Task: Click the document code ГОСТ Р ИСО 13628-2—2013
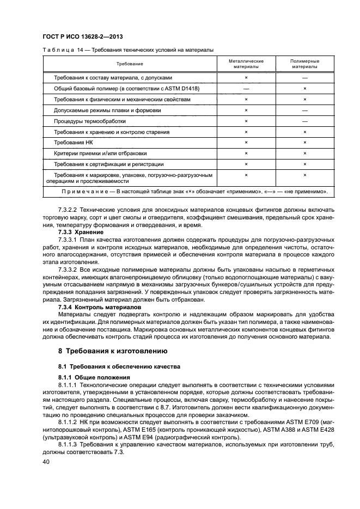pyautogui.click(x=82, y=37)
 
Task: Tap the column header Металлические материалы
pyautogui.click(x=246, y=64)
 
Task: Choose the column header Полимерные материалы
pyautogui.click(x=305, y=64)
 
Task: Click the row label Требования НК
pyautogui.click(x=66, y=143)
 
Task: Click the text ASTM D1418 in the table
pyautogui.click(x=184, y=89)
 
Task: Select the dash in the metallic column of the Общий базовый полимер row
pyautogui.click(x=246, y=89)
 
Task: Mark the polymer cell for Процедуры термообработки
pyautogui.click(x=305, y=121)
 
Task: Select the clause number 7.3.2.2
pyautogui.click(x=67, y=210)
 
